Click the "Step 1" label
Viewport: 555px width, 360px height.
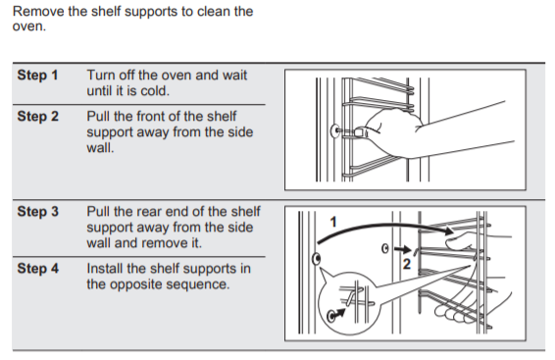coord(37,76)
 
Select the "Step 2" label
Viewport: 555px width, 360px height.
coord(38,117)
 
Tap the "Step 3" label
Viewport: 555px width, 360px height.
coord(38,211)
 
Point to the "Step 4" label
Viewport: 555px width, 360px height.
coord(38,269)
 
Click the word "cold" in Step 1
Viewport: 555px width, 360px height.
coord(154,91)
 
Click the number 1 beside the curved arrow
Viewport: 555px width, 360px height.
coord(333,223)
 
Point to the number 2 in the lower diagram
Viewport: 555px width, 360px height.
coord(407,264)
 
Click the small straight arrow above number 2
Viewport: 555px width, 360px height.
coord(402,249)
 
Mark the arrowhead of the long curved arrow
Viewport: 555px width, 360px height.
coord(449,231)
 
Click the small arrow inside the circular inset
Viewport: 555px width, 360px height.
coord(339,313)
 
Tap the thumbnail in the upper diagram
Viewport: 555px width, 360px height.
coord(361,132)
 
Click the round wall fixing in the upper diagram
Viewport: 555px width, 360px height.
coord(334,130)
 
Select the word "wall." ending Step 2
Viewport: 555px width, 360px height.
coord(100,147)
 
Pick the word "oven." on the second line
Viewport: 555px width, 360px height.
coord(29,26)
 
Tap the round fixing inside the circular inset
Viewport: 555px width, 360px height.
coord(331,316)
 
